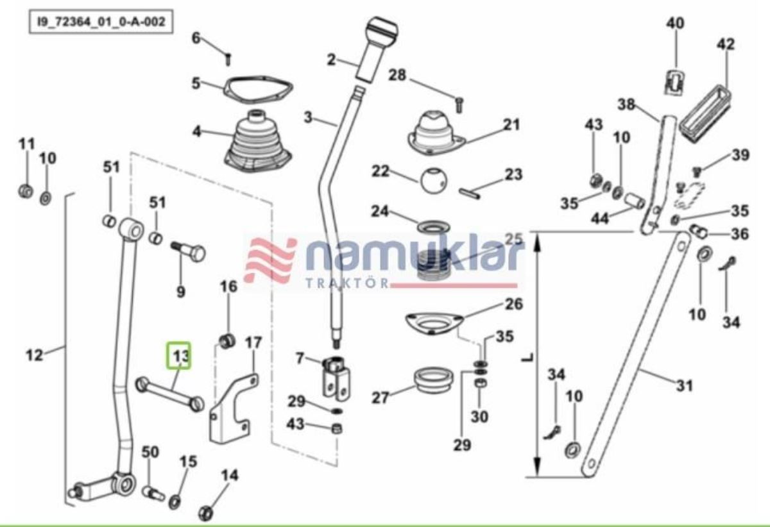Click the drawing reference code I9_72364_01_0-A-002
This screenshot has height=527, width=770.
pos(101,22)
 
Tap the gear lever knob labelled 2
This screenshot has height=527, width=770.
pos(377,51)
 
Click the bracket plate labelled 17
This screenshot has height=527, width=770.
pos(233,408)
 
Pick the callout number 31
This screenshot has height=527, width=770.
pos(685,386)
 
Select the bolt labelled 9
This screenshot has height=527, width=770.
pos(188,251)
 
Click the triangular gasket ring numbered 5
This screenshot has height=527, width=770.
pos(258,90)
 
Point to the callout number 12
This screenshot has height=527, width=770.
pos(35,355)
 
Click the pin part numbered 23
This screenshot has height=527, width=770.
pos(470,193)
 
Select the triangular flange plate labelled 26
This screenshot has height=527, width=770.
pos(434,324)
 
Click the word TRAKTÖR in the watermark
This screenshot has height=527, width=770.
pos(347,283)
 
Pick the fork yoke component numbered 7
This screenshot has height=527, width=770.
pos(336,378)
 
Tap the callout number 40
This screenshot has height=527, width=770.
pos(676,23)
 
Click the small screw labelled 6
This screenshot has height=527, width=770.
pos(227,60)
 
